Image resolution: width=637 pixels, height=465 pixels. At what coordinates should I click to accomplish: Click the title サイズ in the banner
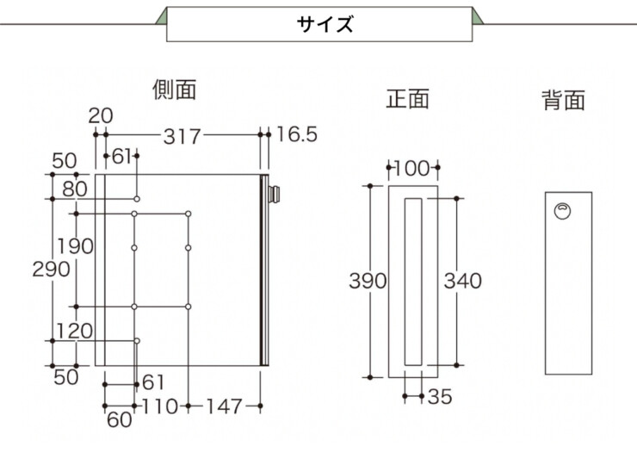pos(325,24)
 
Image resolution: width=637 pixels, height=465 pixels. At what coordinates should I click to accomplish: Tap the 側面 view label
pos(175,90)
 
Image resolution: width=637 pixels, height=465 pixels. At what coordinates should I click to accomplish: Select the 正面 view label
pos(407,99)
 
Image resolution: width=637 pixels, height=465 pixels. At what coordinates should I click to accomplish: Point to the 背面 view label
pos(564,100)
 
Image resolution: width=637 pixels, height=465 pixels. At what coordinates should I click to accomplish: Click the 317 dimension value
pos(182,137)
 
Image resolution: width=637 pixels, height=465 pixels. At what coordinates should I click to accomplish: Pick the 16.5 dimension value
pos(297,134)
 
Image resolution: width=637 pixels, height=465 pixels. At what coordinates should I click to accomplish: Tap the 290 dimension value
pos(51,269)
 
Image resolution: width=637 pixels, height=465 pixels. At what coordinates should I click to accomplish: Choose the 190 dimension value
pos(75,246)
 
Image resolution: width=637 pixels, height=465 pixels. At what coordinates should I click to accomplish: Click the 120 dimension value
pos(74,331)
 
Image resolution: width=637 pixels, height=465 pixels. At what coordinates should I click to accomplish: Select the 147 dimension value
pos(225,406)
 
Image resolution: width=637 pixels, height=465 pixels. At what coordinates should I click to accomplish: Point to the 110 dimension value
pos(160,406)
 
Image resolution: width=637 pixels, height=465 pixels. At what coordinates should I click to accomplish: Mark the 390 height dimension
pos(368,281)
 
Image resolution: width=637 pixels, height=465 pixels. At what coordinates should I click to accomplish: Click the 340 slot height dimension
pos(463,281)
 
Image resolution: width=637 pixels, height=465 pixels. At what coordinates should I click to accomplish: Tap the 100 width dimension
pos(412,168)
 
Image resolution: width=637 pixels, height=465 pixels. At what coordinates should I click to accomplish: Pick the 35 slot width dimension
pos(440,397)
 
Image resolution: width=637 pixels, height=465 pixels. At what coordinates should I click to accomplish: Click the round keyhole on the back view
pos(563,211)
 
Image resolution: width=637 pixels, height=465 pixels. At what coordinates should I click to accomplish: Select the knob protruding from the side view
pos(275,194)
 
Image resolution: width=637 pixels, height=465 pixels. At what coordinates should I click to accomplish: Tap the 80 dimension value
pos(75,189)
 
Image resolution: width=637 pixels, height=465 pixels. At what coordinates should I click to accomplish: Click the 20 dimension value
pos(101,116)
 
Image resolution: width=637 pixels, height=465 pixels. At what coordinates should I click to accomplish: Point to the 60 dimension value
pos(120,420)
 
